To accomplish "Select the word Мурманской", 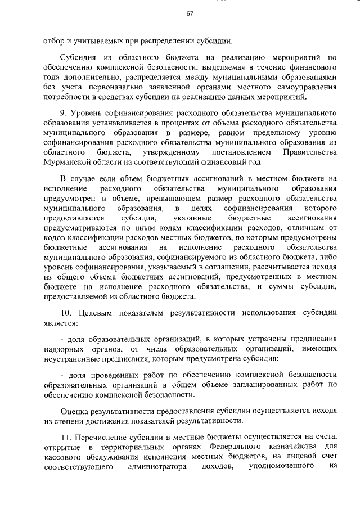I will coord(69,163).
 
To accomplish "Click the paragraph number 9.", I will coord(64,113).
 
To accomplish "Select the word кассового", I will coord(61,457).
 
